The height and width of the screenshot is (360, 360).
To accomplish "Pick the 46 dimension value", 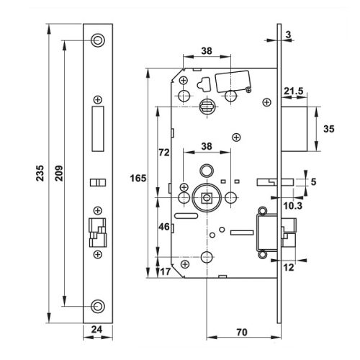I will pos(163,227).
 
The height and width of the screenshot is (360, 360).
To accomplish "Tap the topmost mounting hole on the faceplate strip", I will pos(97,40).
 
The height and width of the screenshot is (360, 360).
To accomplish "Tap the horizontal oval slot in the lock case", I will pos(186,215).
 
